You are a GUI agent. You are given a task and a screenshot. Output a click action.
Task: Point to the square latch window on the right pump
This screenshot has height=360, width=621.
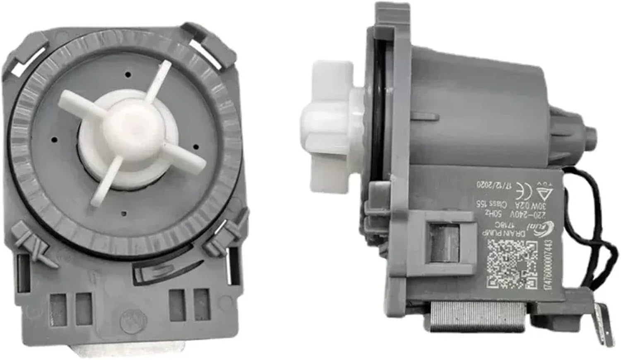pyautogui.click(x=441, y=242)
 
